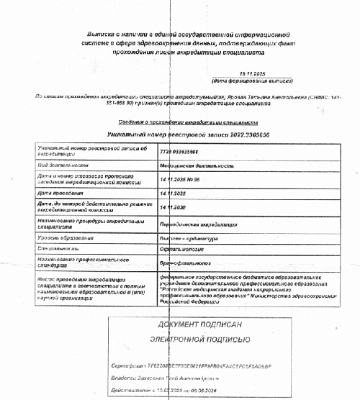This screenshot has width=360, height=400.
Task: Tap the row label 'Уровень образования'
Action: [x=66, y=238]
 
